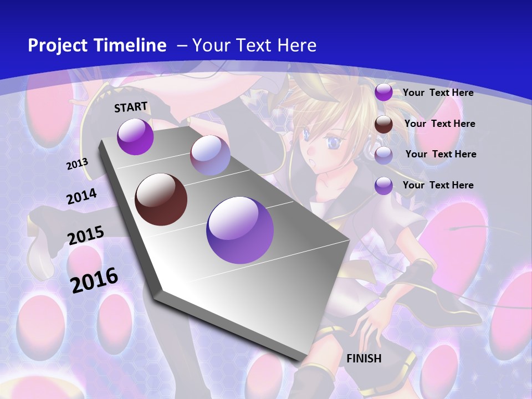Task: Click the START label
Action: coord(131,106)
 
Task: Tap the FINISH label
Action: coord(364,359)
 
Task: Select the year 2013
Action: coord(77,164)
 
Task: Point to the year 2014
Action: coord(81,197)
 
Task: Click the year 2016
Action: coord(95,280)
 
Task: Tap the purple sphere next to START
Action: coord(135,136)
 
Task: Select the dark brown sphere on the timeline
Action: coord(161,199)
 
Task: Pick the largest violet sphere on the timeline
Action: coord(240,230)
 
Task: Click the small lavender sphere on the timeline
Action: coord(210,156)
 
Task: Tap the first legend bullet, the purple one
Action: coord(383,93)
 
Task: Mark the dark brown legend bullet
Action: coord(383,124)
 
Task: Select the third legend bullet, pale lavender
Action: coord(383,155)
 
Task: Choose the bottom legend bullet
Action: coord(383,186)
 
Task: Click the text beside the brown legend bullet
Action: coord(439,124)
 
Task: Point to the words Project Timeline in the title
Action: coord(97,45)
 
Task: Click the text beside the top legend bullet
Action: coord(438,93)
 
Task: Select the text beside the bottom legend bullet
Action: coord(438,185)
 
